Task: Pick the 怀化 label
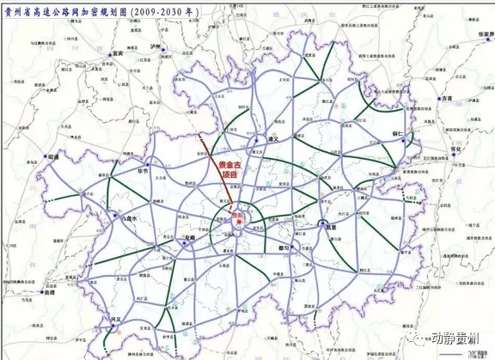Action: click(456, 149)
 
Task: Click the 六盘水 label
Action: click(128, 219)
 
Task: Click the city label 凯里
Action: click(331, 227)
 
